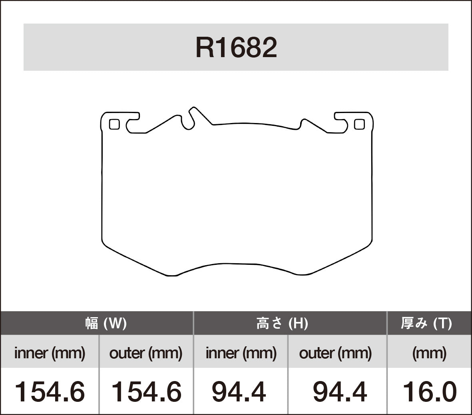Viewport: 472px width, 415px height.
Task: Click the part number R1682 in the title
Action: click(x=236, y=48)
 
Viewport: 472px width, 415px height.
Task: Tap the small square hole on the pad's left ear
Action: click(x=114, y=125)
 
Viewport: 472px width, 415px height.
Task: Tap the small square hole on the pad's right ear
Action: click(x=359, y=125)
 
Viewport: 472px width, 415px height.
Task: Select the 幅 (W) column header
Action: click(x=106, y=323)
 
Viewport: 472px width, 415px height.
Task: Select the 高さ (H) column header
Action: click(x=282, y=323)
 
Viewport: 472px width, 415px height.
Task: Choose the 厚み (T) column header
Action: click(x=426, y=323)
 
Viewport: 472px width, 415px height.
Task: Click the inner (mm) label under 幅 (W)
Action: click(x=50, y=353)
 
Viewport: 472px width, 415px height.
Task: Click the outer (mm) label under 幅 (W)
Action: click(x=146, y=353)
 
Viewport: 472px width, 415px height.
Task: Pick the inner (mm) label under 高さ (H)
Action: click(x=241, y=353)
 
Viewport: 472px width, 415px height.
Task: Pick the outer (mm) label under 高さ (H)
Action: click(x=335, y=353)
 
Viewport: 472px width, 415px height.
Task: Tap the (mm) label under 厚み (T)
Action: click(x=429, y=353)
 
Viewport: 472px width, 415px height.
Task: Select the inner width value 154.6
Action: click(x=50, y=391)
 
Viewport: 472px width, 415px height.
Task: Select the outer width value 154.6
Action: click(x=146, y=391)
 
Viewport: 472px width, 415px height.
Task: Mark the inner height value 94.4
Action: click(x=239, y=391)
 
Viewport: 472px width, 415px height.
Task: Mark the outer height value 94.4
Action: click(x=340, y=391)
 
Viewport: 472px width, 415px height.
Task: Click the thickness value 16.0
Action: click(x=429, y=391)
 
